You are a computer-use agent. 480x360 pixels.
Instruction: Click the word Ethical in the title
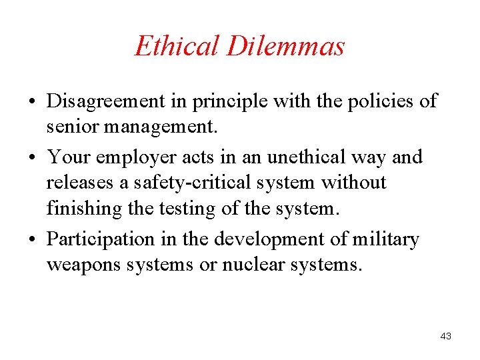176,46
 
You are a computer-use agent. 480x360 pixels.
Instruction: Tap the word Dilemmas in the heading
286,46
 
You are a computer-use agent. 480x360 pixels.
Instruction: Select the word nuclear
253,264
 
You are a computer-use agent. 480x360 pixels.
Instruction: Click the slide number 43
446,337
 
